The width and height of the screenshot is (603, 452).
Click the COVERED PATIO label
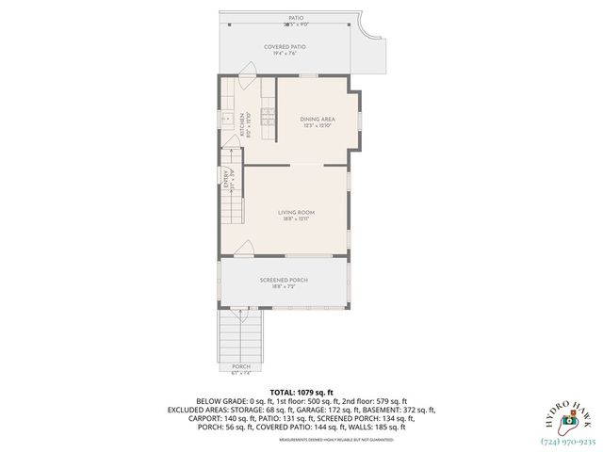point(284,47)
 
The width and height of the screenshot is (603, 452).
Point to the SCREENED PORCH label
point(284,281)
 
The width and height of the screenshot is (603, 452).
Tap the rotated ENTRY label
point(227,179)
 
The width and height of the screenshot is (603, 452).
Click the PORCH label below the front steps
point(241,366)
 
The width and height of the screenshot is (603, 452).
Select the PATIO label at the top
point(296,18)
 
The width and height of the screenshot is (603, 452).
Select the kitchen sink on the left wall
point(227,120)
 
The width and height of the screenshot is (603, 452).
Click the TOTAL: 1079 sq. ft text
point(301,391)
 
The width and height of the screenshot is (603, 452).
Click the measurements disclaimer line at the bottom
point(301,439)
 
